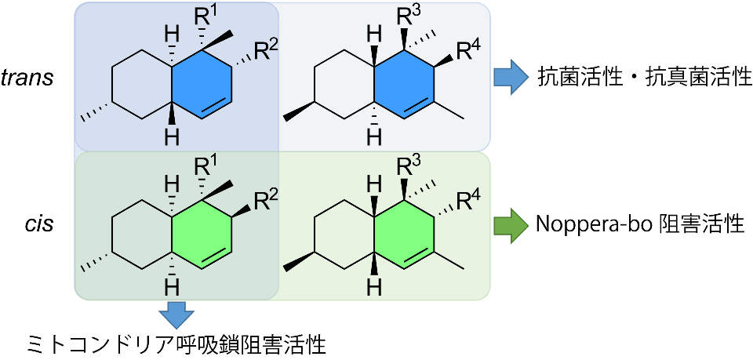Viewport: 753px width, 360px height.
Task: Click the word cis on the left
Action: tap(38, 225)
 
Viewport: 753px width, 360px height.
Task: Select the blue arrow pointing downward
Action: tap(176, 315)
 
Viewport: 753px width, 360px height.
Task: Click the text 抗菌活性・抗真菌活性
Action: tap(645, 78)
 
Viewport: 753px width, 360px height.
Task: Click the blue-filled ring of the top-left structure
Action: tap(201, 84)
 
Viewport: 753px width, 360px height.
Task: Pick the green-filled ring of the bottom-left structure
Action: tap(201, 234)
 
